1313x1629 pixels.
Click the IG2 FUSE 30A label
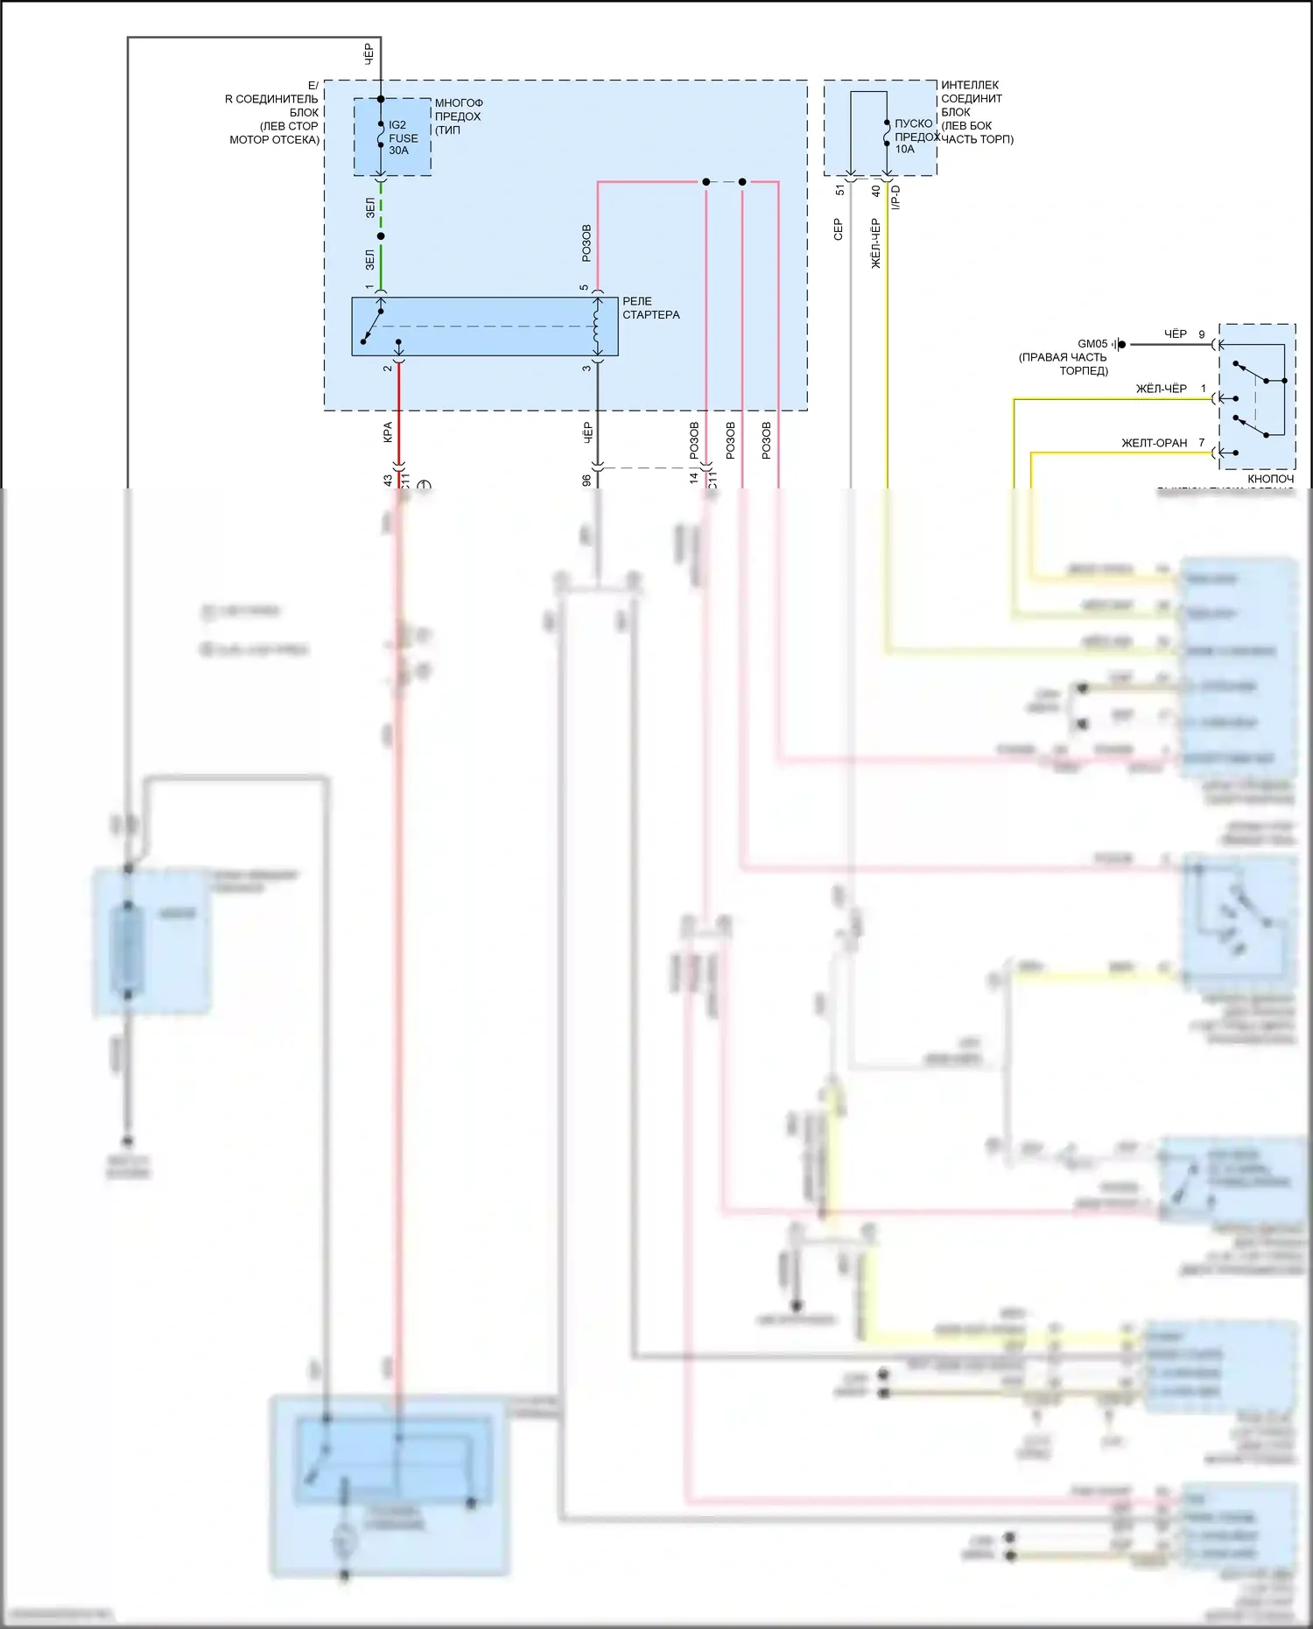(403, 137)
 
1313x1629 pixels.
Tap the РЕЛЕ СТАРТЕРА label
(650, 308)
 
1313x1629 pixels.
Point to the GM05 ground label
(1092, 344)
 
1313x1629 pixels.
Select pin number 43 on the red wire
(388, 481)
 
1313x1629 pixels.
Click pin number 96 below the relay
(586, 481)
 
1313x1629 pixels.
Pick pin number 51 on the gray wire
(840, 190)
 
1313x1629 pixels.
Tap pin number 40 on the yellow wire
(875, 190)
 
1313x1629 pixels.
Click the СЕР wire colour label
(838, 229)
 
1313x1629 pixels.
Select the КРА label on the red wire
(388, 432)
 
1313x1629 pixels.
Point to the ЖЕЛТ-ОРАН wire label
(1154, 443)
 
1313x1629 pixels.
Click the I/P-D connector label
(895, 198)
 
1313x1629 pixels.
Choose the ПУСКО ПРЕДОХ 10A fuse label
(915, 137)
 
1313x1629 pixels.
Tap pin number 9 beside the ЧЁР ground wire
(1202, 334)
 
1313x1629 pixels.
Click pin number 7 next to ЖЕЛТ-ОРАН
(1202, 443)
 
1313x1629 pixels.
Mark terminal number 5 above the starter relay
(585, 288)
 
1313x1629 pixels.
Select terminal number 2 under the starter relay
(388, 368)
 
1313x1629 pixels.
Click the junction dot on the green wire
(381, 236)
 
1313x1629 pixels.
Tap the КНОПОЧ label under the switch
(1270, 479)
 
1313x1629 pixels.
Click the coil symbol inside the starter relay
(598, 326)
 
